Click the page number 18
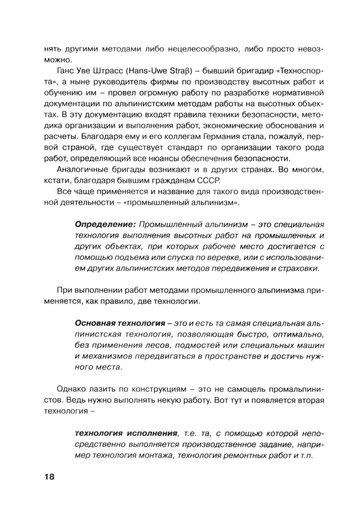(x=49, y=477)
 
